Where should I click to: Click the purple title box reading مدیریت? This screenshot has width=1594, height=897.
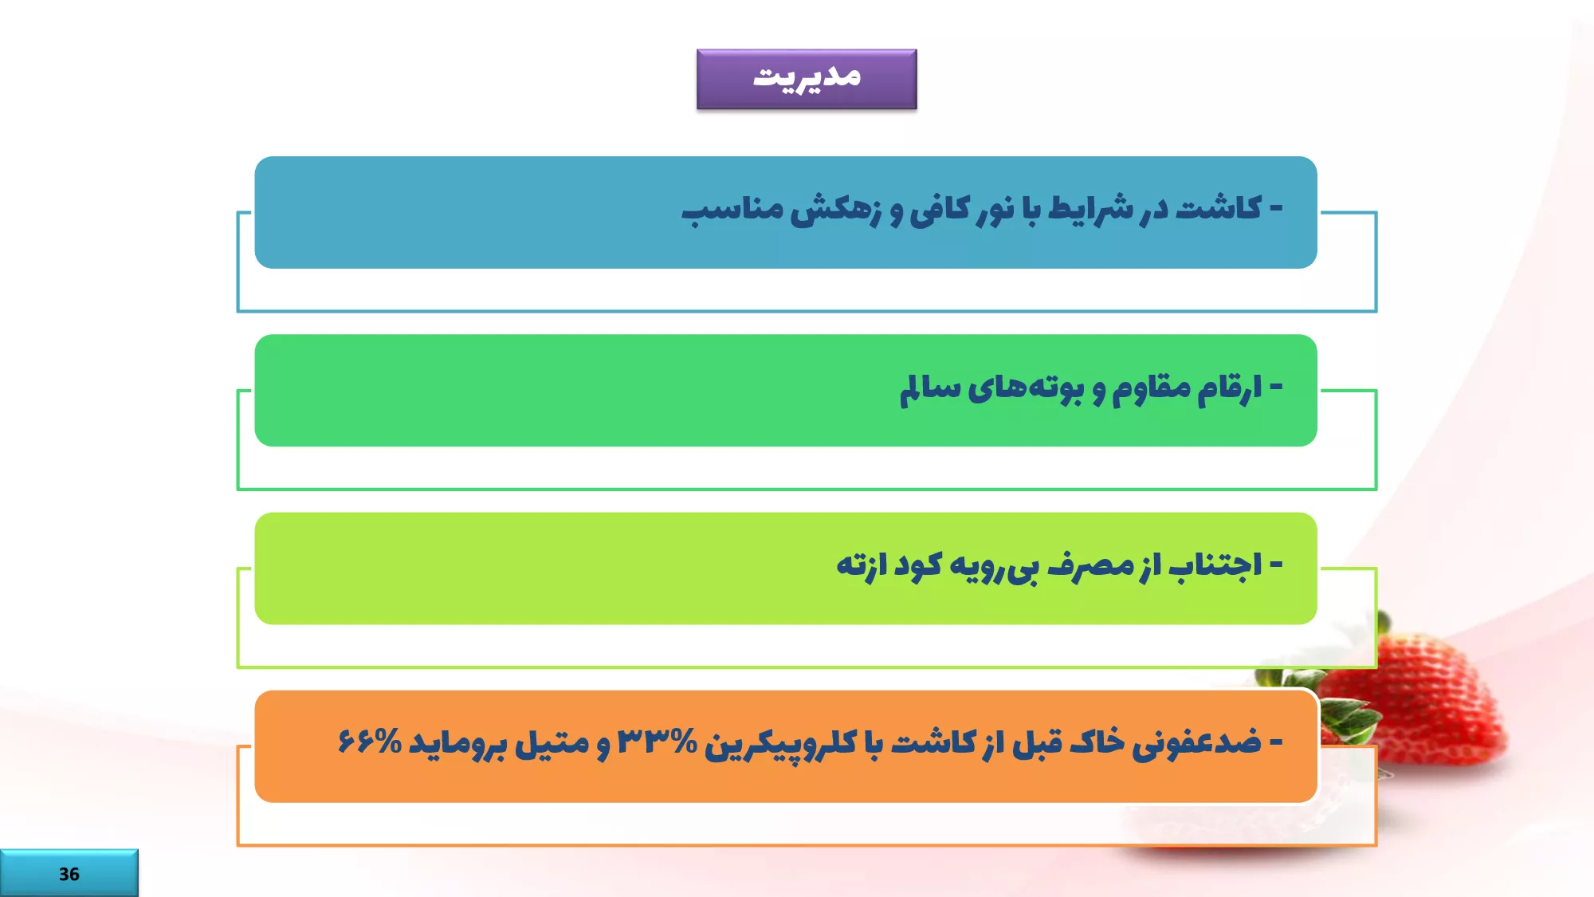(x=807, y=79)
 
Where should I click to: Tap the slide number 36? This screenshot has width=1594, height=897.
(x=69, y=874)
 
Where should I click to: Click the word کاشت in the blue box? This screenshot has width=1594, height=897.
(x=1219, y=209)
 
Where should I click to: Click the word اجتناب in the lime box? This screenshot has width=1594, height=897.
(x=1215, y=565)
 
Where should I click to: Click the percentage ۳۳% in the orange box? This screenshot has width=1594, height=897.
(x=658, y=742)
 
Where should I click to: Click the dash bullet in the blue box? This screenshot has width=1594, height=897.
(x=1276, y=209)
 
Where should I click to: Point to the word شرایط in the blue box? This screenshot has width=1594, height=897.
(x=1091, y=210)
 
